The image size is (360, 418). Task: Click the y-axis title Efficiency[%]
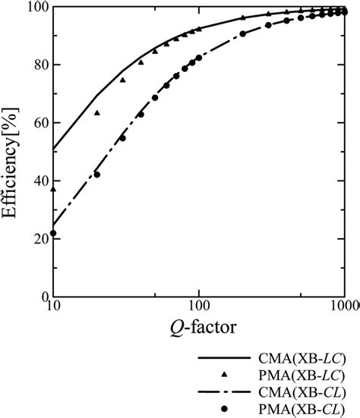pyautogui.click(x=14, y=150)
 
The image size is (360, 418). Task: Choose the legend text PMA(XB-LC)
pyautogui.click(x=299, y=375)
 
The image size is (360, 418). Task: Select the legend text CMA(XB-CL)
pyautogui.click(x=299, y=391)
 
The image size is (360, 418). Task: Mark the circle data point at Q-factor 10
pyautogui.click(x=53, y=233)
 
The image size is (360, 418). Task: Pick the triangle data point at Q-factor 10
pyautogui.click(x=53, y=189)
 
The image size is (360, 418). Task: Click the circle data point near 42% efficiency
pyautogui.click(x=96, y=174)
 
